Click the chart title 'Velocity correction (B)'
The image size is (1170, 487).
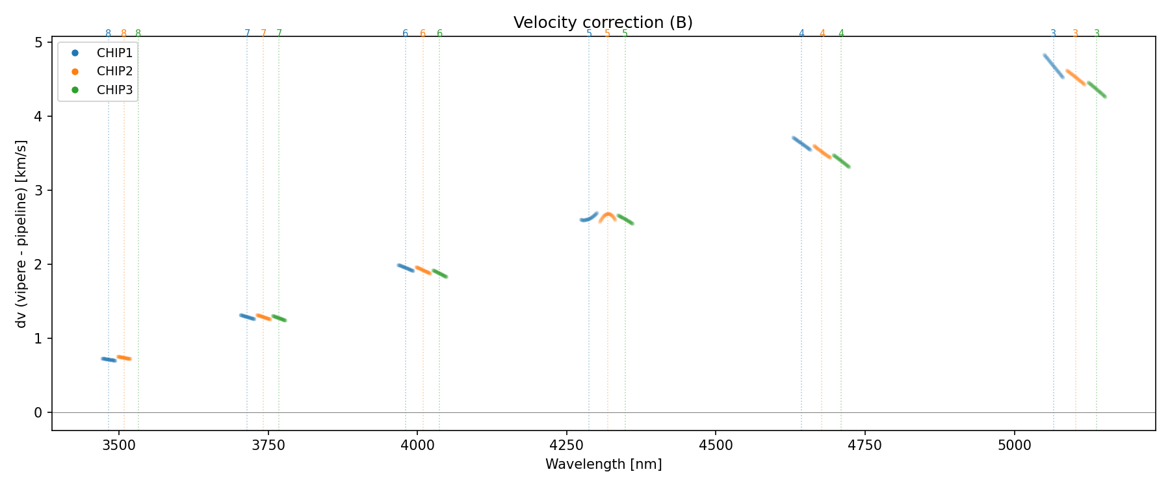[603, 23]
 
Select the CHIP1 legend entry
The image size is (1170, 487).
[114, 53]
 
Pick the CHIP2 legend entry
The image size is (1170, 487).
[114, 71]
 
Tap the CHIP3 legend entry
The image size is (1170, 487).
[114, 90]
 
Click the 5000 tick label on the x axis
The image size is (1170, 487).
[1014, 445]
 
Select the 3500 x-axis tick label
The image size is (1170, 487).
[119, 445]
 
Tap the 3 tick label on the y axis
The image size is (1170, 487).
[38, 190]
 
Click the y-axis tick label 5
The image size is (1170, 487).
[38, 42]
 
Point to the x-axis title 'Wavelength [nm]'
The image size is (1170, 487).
[603, 464]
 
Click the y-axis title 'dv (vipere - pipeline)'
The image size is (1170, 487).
[22, 234]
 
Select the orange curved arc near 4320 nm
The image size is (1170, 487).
[607, 215]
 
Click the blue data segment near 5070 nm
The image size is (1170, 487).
[1053, 66]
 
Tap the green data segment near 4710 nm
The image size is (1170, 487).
[841, 161]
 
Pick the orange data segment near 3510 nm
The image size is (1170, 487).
[124, 358]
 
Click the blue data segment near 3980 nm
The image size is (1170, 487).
[406, 268]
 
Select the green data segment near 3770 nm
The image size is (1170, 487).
[279, 318]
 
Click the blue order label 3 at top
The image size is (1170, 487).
[1053, 34]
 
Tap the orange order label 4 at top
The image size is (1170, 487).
[822, 34]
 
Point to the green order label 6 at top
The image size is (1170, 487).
[439, 34]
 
